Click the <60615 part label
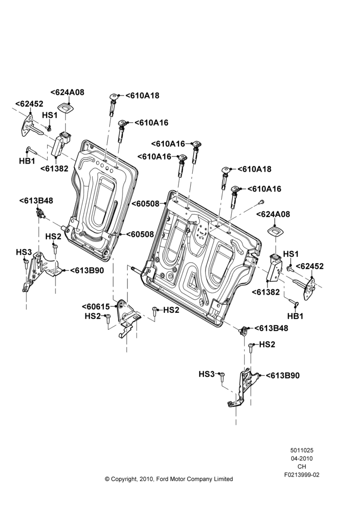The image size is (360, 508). pos(96,306)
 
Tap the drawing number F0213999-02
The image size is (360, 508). pos(302,475)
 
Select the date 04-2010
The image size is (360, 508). pos(302,458)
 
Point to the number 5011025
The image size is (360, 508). pos(302,450)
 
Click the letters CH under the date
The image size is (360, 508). pos(302,466)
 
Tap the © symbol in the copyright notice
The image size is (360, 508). pos(107,479)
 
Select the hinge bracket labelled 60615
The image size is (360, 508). pos(128,319)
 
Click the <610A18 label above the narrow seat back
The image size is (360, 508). pos(142,96)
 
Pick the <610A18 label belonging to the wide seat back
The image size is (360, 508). pos(254,169)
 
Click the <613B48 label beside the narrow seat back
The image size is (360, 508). pos(36,201)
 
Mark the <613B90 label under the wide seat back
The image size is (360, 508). pos(283,375)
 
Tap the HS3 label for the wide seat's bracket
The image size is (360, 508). pos(206,374)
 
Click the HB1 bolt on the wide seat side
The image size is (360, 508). pos(294,304)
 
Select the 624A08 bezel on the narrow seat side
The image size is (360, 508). pos(66,107)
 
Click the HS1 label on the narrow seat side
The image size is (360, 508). pos(50,115)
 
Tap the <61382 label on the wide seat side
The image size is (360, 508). pos(265,292)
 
